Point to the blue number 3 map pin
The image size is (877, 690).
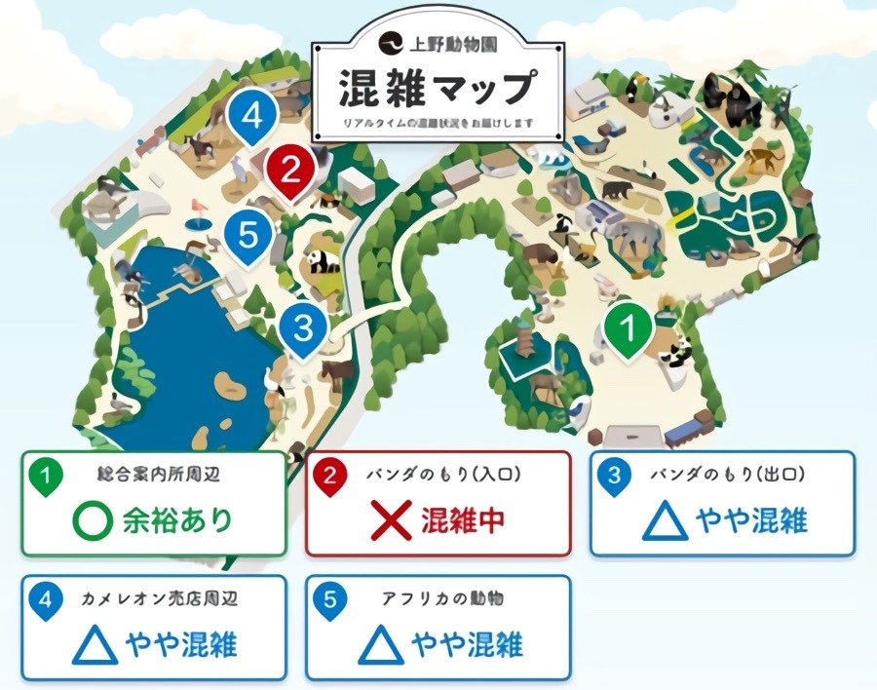pyautogui.click(x=304, y=328)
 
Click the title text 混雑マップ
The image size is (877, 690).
pyautogui.click(x=436, y=89)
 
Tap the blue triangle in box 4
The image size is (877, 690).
pyautogui.click(x=95, y=645)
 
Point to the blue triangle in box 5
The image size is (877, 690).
pyautogui.click(x=381, y=645)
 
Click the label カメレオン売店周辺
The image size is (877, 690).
pyautogui.click(x=160, y=598)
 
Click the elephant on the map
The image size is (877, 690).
pyautogui.click(x=634, y=238)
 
